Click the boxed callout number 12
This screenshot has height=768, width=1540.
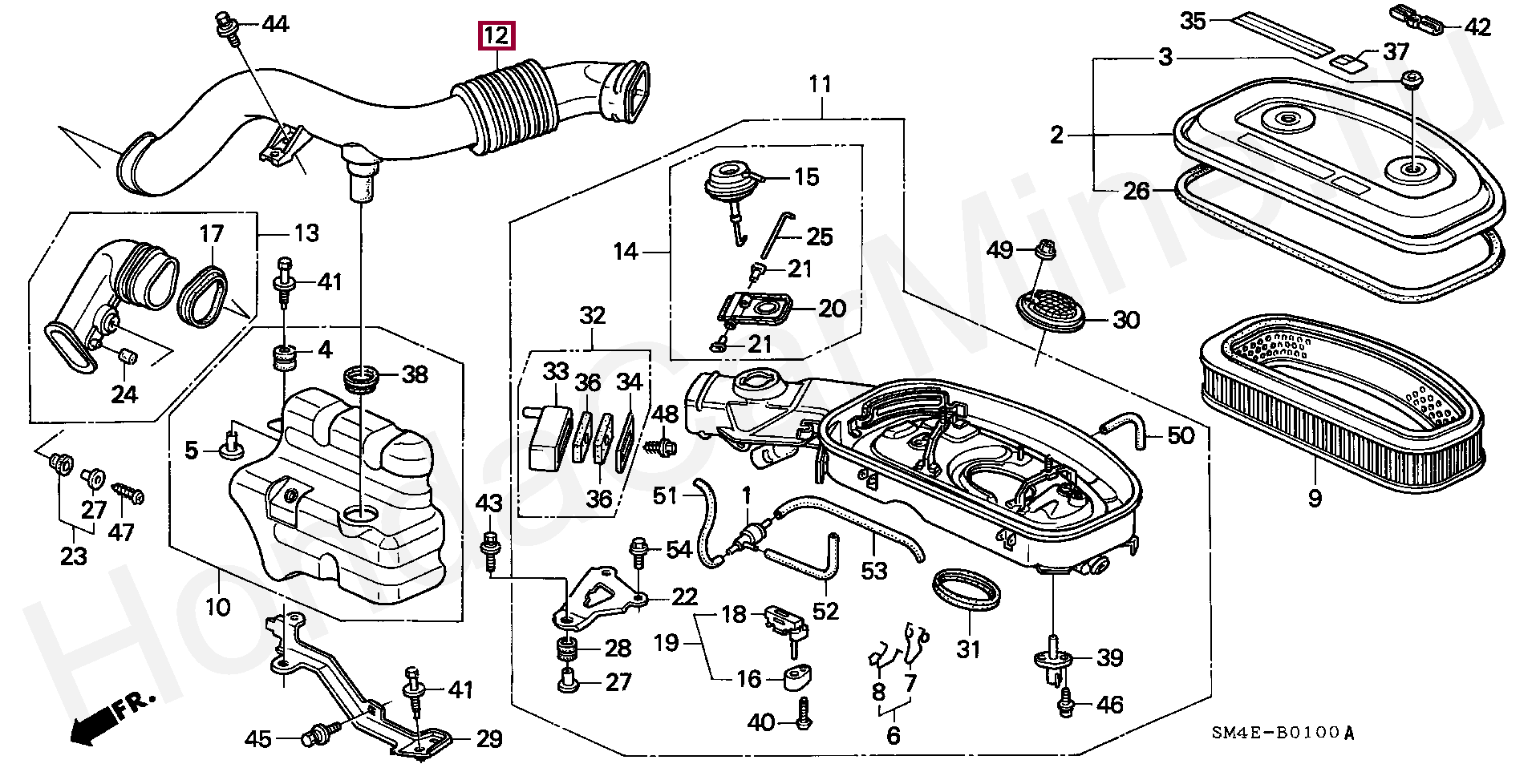496,36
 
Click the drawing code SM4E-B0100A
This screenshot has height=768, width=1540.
1282,734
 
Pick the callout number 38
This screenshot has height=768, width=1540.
414,374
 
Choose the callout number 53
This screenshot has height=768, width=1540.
874,571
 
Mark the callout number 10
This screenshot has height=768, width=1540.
217,607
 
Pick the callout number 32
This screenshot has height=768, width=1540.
592,316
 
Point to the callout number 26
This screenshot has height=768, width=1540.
1137,192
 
